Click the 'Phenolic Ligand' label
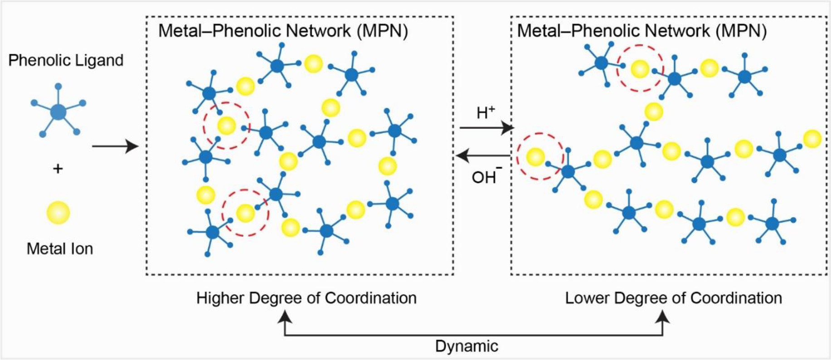66,60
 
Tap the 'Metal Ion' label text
60,248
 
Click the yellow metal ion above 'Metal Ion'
58,213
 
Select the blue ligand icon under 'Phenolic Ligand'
58,112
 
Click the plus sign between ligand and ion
58,169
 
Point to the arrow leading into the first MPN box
115,146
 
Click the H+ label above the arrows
486,112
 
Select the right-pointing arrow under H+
486,128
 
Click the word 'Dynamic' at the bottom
467,346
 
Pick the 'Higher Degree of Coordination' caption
306,298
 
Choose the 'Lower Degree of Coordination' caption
673,298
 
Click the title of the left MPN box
283,31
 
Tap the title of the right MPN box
642,31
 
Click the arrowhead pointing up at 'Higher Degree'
285,315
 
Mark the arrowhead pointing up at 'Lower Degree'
663,315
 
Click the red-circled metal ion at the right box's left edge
535,157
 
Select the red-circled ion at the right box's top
640,69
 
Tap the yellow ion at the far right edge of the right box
812,139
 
